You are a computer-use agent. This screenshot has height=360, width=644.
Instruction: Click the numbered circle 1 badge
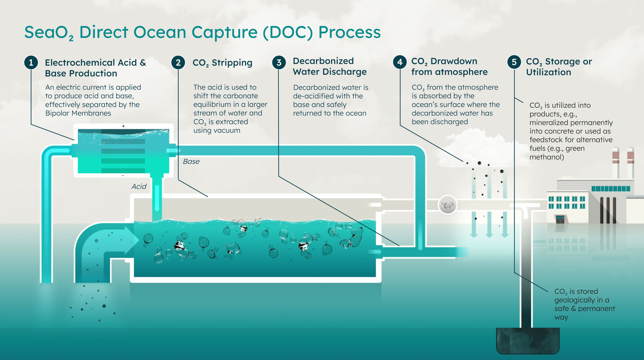[x=31, y=63]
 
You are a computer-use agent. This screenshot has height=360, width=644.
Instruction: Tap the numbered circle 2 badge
[x=178, y=63]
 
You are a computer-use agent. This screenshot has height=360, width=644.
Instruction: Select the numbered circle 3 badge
[x=279, y=63]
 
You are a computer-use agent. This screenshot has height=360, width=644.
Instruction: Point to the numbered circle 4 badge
[x=400, y=62]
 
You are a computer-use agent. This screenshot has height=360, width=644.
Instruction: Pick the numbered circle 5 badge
[x=514, y=62]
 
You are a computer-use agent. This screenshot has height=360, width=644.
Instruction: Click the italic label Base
[x=191, y=161]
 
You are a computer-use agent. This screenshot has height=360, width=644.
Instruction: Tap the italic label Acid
[x=139, y=186]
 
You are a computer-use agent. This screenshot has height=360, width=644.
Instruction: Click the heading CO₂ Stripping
[x=222, y=63]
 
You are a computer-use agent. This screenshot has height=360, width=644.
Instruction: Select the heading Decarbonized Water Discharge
[x=329, y=67]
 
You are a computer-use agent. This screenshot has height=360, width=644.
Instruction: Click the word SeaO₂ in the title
[x=49, y=33]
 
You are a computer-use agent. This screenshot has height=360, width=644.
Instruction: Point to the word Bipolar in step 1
[x=59, y=113]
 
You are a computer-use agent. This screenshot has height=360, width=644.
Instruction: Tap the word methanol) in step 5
[x=547, y=157]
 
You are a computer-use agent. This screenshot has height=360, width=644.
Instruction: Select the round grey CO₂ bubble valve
[x=447, y=205]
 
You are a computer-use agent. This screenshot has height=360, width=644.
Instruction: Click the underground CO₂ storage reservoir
[x=528, y=341]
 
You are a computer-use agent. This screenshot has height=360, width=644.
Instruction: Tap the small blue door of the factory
[x=560, y=219]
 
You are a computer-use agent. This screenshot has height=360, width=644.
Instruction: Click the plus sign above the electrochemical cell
[x=123, y=126]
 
